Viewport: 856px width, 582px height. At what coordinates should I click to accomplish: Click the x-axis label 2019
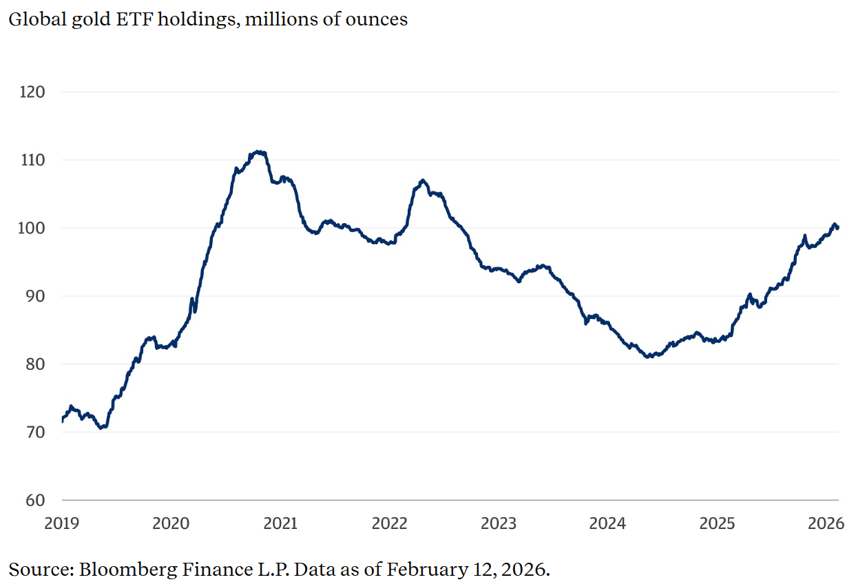[62, 523]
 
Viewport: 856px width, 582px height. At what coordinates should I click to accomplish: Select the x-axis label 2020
[171, 523]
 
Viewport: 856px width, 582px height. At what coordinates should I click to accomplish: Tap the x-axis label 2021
[280, 523]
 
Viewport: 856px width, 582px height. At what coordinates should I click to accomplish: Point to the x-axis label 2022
[389, 523]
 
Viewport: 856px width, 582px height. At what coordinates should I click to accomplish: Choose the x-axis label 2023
[499, 523]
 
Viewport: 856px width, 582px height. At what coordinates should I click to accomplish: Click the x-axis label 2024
[607, 523]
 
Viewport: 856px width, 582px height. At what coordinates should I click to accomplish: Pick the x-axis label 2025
[717, 523]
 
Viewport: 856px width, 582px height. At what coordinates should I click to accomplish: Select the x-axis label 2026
[826, 523]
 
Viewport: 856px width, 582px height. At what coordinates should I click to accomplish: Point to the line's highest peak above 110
[258, 152]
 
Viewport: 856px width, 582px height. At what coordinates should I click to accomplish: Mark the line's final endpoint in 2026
[837, 227]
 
